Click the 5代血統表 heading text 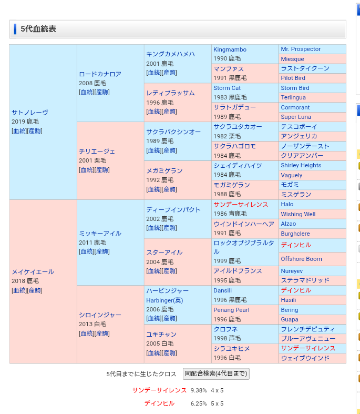(x=38, y=29)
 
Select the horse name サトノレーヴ (x=30, y=112)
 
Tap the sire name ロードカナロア (x=100, y=74)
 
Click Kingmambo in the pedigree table (x=230, y=49)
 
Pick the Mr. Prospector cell (x=301, y=49)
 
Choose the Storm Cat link (x=227, y=88)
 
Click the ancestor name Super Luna (x=296, y=117)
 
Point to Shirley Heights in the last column (x=301, y=165)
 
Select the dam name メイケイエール (x=33, y=272)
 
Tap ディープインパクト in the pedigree (x=173, y=209)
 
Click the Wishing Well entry (x=298, y=214)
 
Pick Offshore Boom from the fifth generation (x=301, y=259)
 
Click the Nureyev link (x=292, y=271)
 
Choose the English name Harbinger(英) (x=164, y=300)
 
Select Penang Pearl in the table (x=231, y=310)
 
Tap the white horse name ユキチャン (x=161, y=334)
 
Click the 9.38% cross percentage (x=199, y=390)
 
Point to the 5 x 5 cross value (x=217, y=403)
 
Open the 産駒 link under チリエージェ (x=102, y=170)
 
